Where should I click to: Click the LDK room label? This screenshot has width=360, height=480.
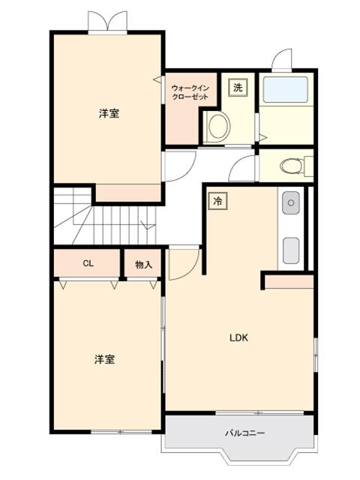point(238,337)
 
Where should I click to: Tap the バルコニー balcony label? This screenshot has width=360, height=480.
point(245,433)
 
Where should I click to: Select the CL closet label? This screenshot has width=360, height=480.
point(88,264)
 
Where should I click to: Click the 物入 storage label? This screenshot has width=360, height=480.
point(143,265)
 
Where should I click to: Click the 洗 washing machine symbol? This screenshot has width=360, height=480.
point(238,88)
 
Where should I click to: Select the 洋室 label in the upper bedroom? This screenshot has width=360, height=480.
point(109,114)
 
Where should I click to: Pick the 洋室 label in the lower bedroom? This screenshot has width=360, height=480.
point(105,359)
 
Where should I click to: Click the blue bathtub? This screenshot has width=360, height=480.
point(285,91)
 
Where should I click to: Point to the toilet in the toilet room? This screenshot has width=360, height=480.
point(289,165)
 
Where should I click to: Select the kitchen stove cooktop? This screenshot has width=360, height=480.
point(291,247)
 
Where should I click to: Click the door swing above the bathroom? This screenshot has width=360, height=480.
point(283,60)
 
